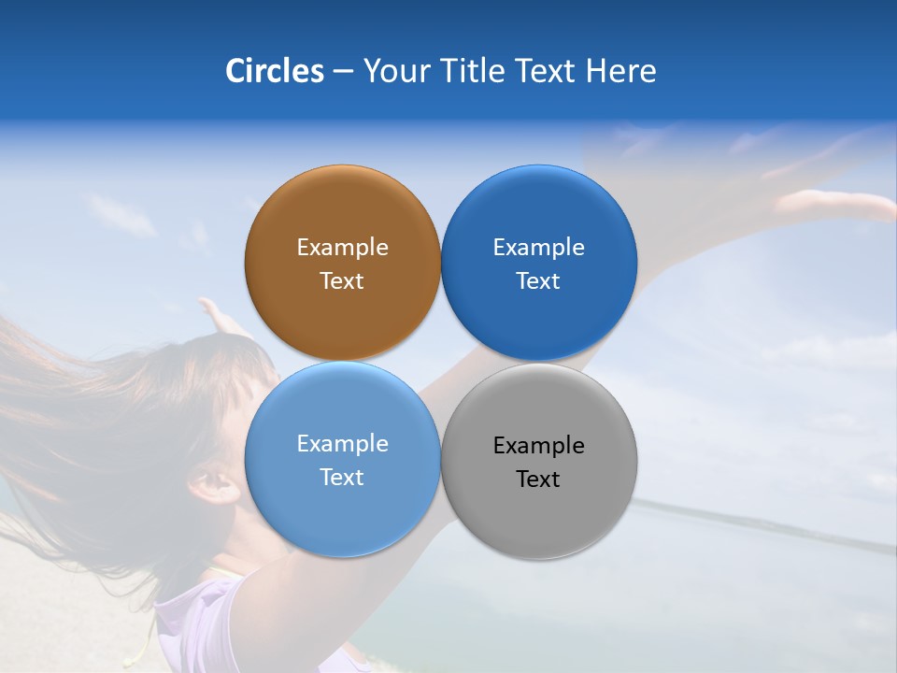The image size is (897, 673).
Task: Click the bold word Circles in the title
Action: tap(274, 71)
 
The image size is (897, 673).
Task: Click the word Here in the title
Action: tap(620, 71)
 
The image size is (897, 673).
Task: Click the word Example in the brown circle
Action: tap(342, 248)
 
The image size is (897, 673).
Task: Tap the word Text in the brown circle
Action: tap(342, 281)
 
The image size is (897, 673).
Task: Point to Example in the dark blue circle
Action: tap(538, 248)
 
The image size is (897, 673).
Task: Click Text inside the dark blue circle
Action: tap(538, 281)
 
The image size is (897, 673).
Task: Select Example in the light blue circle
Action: tap(342, 444)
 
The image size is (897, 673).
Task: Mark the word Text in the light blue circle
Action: tap(342, 478)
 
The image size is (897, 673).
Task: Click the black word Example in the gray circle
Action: tap(538, 446)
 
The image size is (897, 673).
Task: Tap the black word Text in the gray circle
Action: tap(538, 480)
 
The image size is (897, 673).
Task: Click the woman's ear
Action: tap(213, 484)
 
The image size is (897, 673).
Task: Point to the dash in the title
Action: tap(343, 72)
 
